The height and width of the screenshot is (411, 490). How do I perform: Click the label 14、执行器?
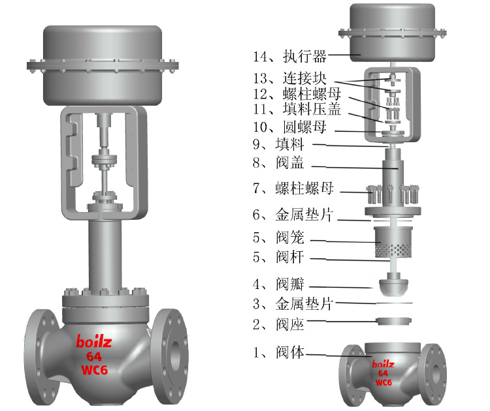tap(289, 57)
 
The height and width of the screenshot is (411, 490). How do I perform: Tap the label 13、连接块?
tap(289, 78)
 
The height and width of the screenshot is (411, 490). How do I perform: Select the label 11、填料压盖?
tap(297, 109)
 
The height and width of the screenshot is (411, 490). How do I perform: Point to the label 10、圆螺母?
tap(289, 127)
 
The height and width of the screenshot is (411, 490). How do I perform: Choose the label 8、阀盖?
tap(278, 162)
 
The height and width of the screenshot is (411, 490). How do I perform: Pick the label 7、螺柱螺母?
tap(293, 188)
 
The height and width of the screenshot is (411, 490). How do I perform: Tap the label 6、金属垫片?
tap(293, 215)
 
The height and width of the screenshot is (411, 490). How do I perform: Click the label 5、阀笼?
tap(278, 237)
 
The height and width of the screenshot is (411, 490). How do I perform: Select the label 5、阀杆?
tap(278, 257)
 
